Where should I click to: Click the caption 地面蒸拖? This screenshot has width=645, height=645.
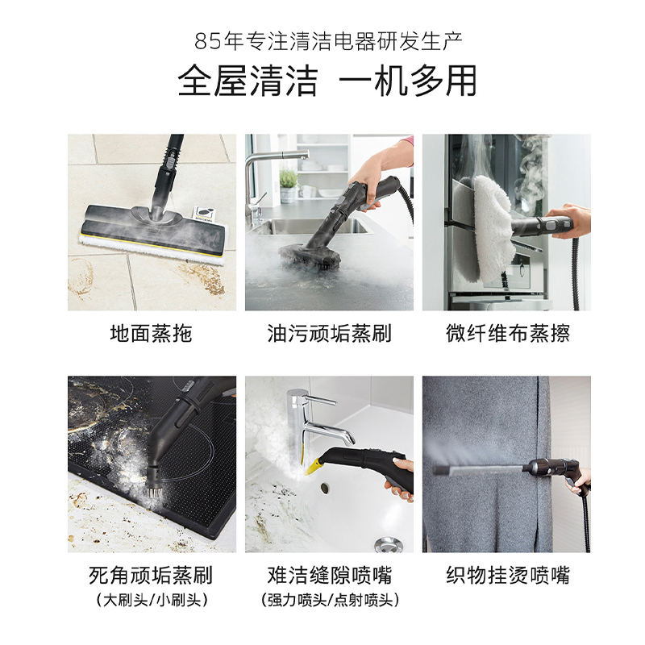[x=152, y=333]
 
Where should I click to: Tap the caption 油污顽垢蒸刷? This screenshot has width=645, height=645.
[x=329, y=333]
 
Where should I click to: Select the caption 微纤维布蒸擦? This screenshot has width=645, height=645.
[x=508, y=333]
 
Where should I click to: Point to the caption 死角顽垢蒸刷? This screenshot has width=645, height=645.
[x=151, y=575]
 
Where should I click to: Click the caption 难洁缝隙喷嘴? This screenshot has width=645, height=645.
[x=330, y=575]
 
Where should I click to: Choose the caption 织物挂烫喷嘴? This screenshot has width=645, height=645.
[x=508, y=575]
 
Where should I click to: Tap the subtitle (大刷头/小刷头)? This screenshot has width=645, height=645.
[x=152, y=600]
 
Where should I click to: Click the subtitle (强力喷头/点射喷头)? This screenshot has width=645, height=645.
[x=330, y=600]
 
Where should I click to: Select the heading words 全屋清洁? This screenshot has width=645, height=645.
[x=248, y=81]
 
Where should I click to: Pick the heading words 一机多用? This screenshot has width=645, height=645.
[x=408, y=81]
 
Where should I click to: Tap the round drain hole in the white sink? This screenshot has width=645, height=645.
[x=325, y=488]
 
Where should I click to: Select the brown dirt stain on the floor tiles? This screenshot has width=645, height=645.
[x=205, y=279]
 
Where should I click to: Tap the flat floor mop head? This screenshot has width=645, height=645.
[x=154, y=232]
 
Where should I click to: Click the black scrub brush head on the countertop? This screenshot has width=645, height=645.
[x=310, y=254]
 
